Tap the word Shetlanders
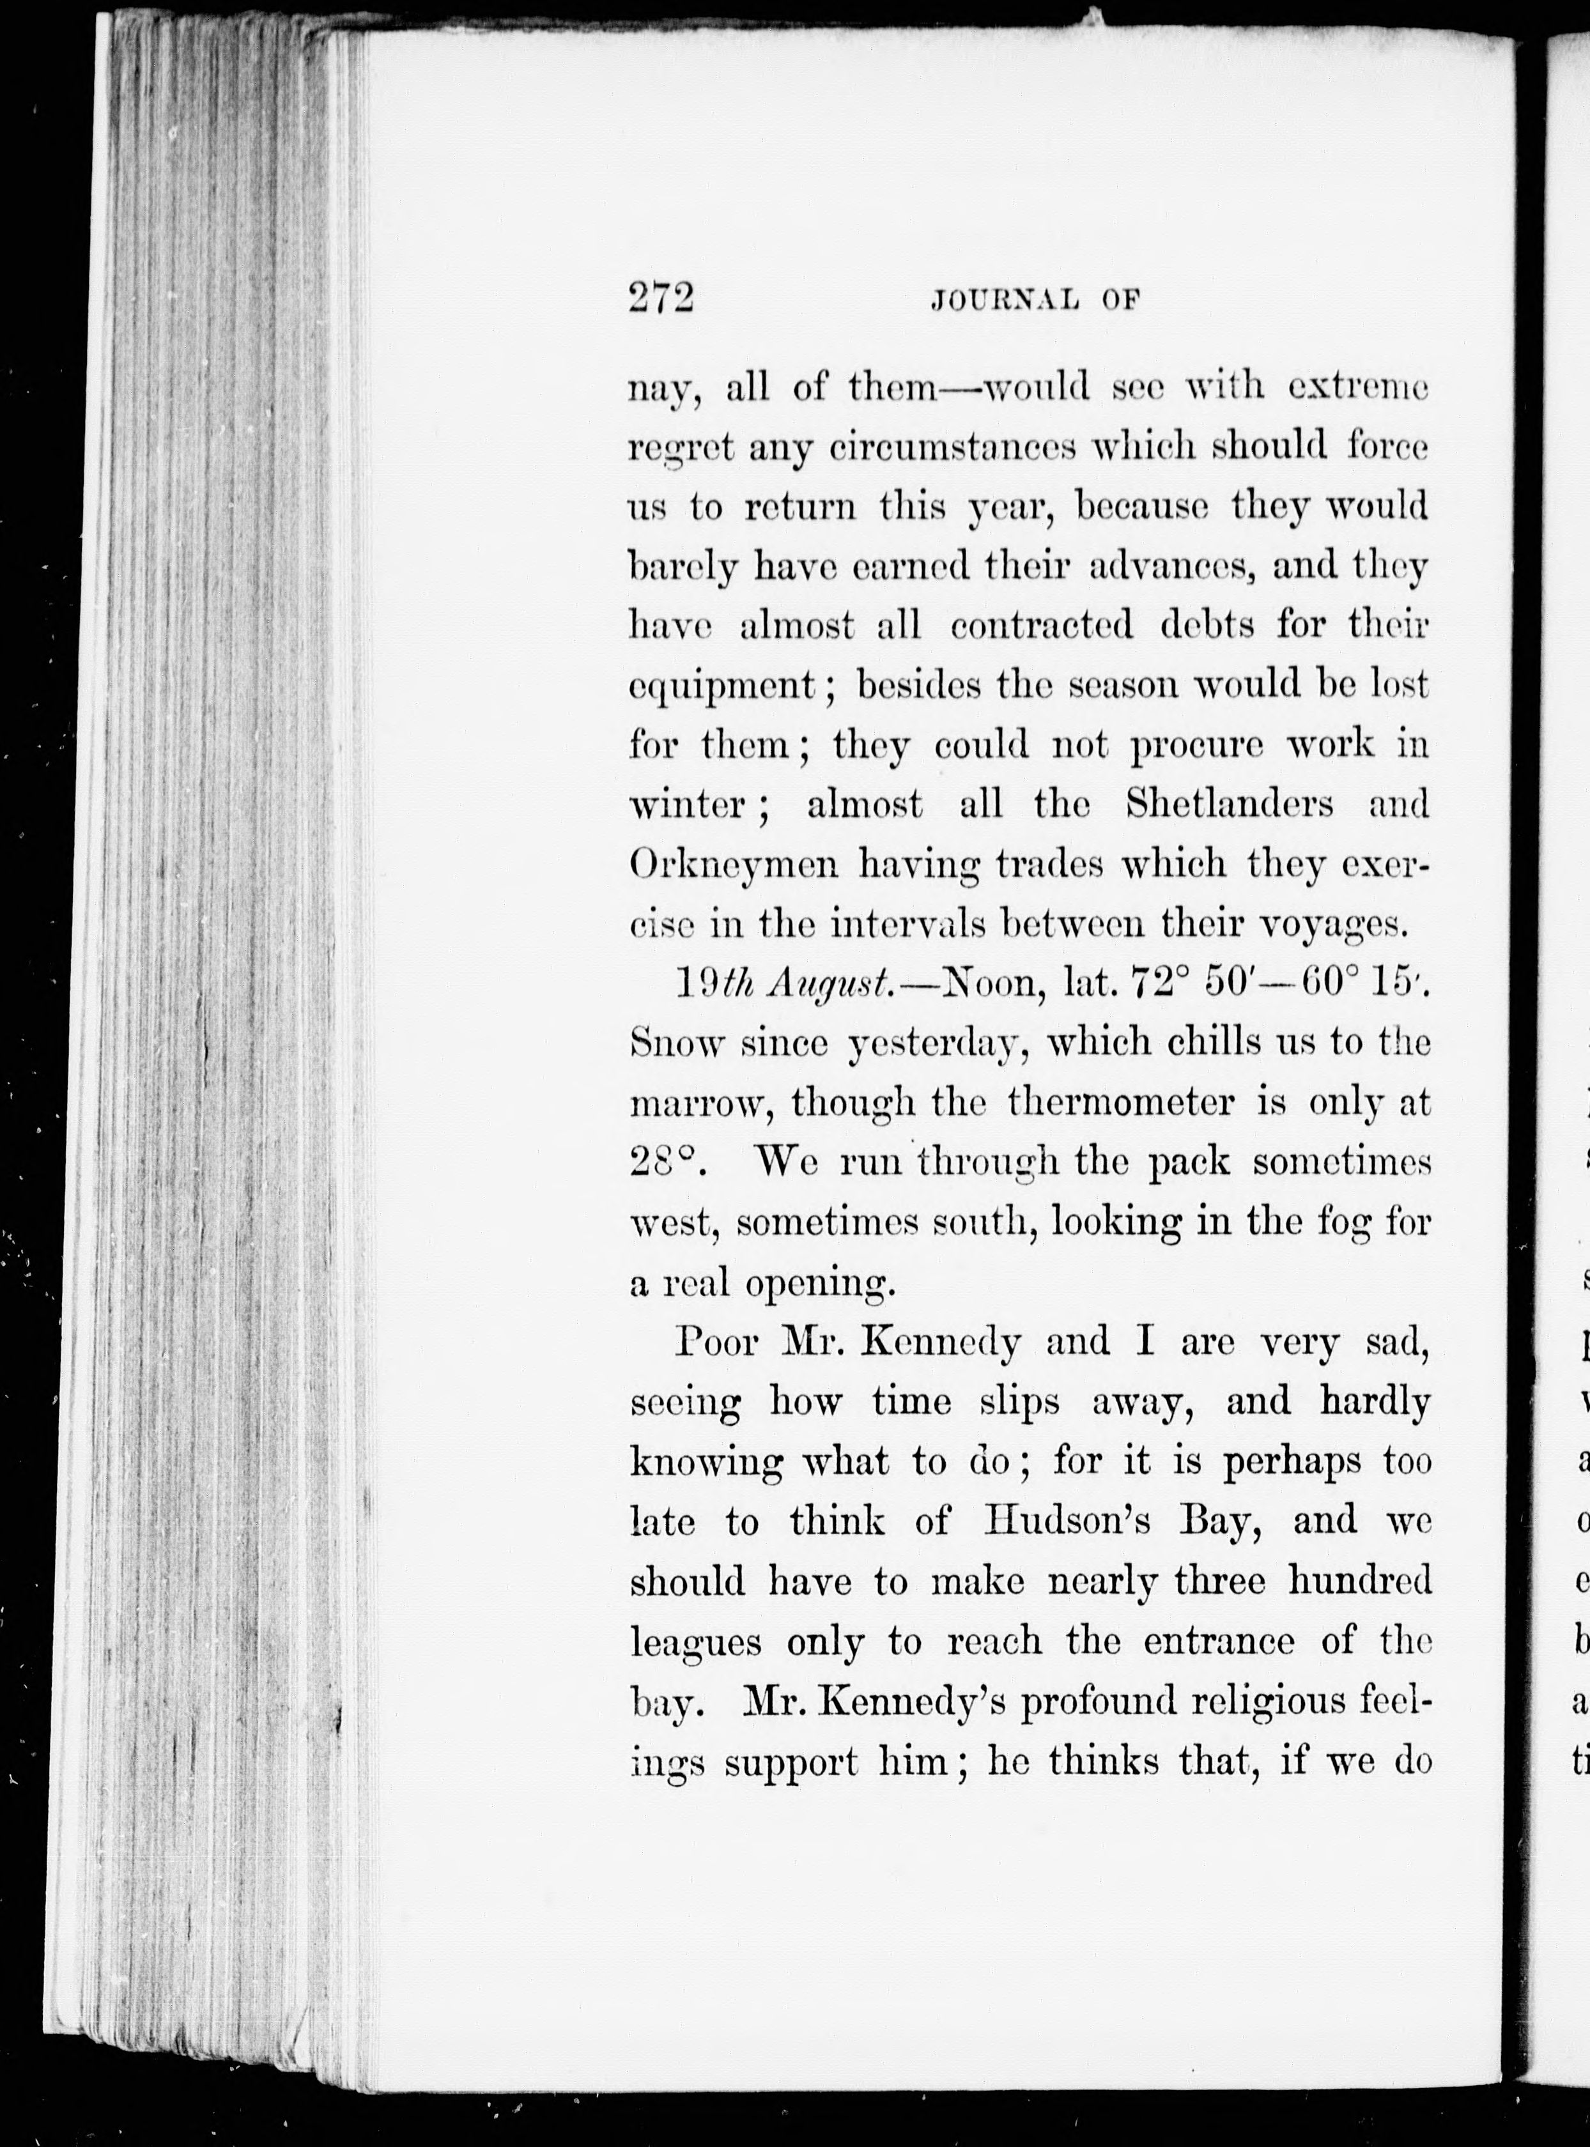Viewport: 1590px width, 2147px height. pos(1229,804)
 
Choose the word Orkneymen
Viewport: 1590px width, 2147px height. pos(734,864)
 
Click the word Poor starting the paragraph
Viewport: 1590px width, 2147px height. pos(713,1341)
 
